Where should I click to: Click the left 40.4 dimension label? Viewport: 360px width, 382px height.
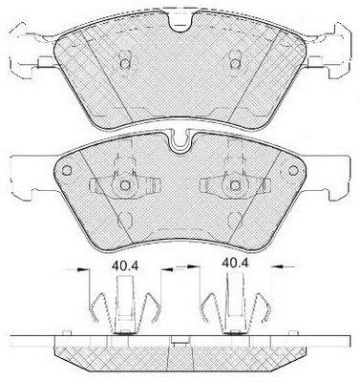[x=125, y=265]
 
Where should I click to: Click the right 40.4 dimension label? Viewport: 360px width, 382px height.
[x=235, y=264]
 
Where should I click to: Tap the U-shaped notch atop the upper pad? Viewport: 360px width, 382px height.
[x=180, y=22]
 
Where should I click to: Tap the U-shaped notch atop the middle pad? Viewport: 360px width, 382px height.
[x=180, y=141]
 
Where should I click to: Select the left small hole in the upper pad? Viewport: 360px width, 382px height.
[x=125, y=64]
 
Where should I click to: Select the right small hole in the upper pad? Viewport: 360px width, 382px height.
[x=235, y=64]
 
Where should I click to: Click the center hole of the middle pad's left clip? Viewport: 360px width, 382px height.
[x=125, y=185]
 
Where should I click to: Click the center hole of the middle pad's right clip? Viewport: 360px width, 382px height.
[x=235, y=185]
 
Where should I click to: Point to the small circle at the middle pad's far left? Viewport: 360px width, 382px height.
[x=67, y=170]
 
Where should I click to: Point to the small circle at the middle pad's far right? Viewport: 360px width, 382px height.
[x=293, y=170]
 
